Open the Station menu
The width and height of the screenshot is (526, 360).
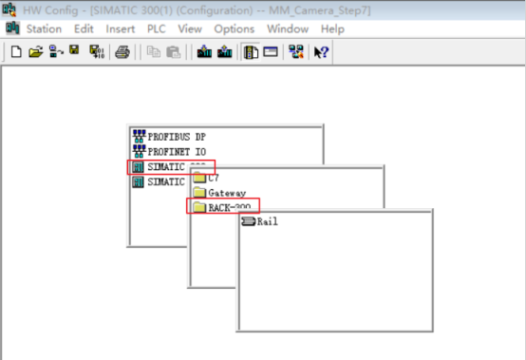coord(44,29)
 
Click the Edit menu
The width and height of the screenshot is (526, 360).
coord(84,29)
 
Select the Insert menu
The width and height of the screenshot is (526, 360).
coord(120,29)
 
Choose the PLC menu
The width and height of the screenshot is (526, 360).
coord(156,29)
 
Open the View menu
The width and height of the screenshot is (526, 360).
coord(190,29)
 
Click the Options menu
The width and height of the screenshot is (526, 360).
coord(234,29)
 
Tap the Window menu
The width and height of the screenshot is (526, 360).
coord(287,29)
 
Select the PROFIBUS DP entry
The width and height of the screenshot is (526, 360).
coord(176,136)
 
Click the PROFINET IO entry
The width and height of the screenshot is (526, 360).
coord(176,151)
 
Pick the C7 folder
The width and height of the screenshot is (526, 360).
coord(214,177)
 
